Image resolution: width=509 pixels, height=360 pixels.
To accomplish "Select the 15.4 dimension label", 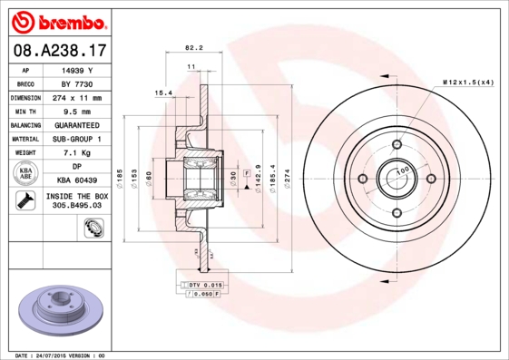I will pyautogui.click(x=163, y=92).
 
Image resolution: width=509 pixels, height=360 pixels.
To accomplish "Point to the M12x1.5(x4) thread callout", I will pyautogui.click(x=467, y=83).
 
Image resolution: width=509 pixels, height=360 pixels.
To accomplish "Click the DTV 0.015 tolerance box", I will pyautogui.click(x=194, y=285).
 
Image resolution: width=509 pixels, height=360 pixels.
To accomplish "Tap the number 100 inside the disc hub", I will pyautogui.click(x=401, y=170).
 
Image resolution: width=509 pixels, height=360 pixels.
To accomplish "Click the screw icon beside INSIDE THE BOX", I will pyautogui.click(x=23, y=200).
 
